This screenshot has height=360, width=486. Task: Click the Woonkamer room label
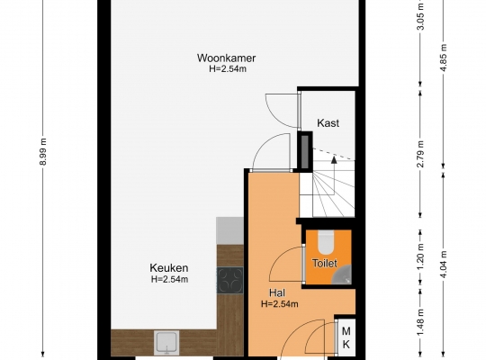[x=226, y=58]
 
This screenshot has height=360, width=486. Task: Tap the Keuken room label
[x=169, y=267]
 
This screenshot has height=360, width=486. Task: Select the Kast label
[x=328, y=123]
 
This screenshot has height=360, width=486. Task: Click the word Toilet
[x=325, y=264]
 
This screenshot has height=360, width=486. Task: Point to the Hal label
[x=277, y=292]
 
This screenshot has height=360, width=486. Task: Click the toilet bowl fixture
[x=325, y=242]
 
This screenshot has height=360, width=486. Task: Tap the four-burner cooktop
[x=229, y=281]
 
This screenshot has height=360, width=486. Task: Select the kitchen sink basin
[x=166, y=342]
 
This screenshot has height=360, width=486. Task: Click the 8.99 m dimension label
[x=43, y=151]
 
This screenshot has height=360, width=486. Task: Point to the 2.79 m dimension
[x=420, y=154]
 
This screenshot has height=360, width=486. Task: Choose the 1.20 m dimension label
[x=420, y=257]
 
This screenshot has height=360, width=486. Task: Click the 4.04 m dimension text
[x=444, y=265]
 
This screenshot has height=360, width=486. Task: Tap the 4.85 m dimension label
[x=444, y=58]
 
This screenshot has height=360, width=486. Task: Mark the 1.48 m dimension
[x=420, y=322]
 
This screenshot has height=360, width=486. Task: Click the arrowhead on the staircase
[x=334, y=160]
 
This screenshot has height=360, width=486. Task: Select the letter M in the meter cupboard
[x=346, y=331]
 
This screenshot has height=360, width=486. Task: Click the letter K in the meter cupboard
[x=346, y=344]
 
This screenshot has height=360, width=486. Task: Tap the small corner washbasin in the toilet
[x=342, y=275]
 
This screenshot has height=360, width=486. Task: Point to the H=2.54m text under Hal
[x=280, y=304]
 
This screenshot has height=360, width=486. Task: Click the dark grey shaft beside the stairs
[x=305, y=152]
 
